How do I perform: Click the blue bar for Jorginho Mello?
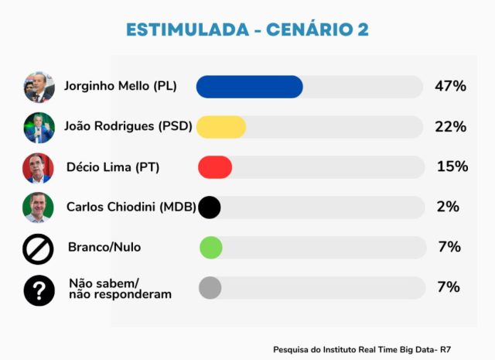[x=249, y=87]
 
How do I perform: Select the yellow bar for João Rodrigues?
[x=221, y=127]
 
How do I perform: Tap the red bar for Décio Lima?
[x=215, y=167]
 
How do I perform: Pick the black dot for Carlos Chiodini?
[x=210, y=207]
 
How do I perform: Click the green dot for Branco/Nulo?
[x=211, y=248]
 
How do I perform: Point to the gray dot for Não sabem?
[x=210, y=288]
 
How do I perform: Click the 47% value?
[x=450, y=86]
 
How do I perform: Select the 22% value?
[x=450, y=126]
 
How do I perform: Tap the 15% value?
[x=452, y=166]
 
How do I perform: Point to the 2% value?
[x=448, y=207]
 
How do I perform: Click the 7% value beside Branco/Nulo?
[x=449, y=247]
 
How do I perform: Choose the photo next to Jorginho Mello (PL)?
[x=39, y=87]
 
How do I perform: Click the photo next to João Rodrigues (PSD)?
[x=39, y=128]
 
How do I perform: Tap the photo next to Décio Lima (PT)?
[x=38, y=168]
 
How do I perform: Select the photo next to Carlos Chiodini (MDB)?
[x=38, y=207]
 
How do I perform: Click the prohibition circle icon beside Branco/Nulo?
[x=38, y=249]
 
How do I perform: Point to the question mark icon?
[x=39, y=290]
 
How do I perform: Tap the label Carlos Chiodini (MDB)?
[x=131, y=207]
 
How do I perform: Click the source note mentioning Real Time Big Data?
[x=362, y=350]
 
